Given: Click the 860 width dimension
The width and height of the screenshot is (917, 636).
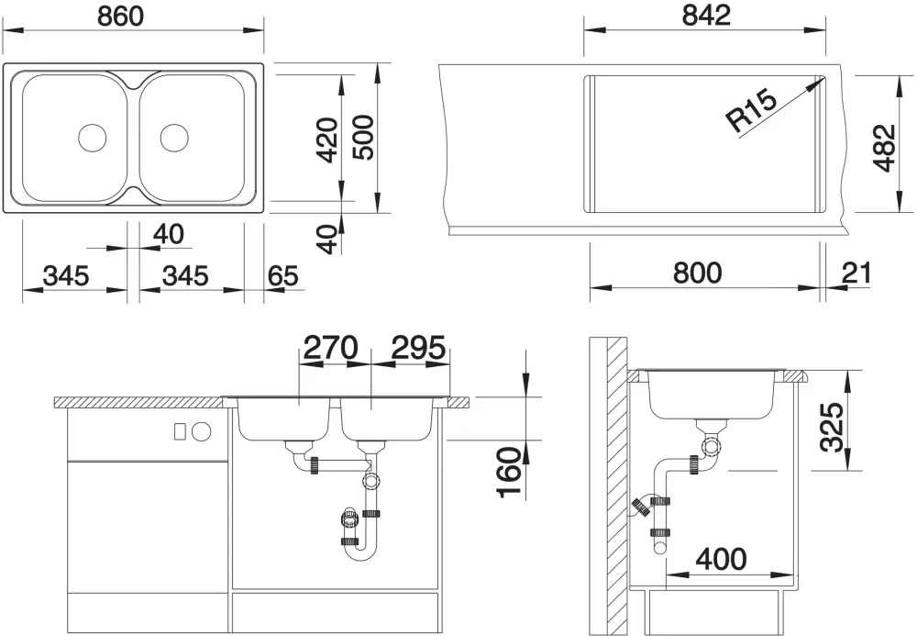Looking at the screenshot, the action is pyautogui.click(x=120, y=16).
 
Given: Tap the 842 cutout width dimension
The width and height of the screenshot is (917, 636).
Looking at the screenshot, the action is pyautogui.click(x=706, y=15).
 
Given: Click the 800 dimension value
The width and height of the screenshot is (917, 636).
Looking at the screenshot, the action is pyautogui.click(x=698, y=273).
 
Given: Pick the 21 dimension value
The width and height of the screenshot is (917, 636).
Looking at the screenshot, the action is pyautogui.click(x=856, y=273).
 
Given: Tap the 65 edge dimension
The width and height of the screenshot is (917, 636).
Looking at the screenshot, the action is pyautogui.click(x=283, y=275).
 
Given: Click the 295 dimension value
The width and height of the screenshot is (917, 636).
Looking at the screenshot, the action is pyautogui.click(x=418, y=348).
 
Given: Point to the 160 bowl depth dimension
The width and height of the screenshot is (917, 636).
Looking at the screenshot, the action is pyautogui.click(x=509, y=472).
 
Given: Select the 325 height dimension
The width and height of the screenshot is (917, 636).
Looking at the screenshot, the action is pyautogui.click(x=831, y=427).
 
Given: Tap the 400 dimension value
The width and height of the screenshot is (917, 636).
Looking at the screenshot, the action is pyautogui.click(x=721, y=559).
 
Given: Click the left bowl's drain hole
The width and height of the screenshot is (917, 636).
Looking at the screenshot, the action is pyautogui.click(x=93, y=138).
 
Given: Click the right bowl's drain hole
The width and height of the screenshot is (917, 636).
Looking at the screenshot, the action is pyautogui.click(x=174, y=138).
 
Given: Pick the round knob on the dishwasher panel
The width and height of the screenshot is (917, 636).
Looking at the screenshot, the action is pyautogui.click(x=201, y=432).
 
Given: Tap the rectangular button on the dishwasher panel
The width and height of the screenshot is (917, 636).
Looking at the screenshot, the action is pyautogui.click(x=180, y=432).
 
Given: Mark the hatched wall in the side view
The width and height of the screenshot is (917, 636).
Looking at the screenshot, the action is pyautogui.click(x=617, y=485).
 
